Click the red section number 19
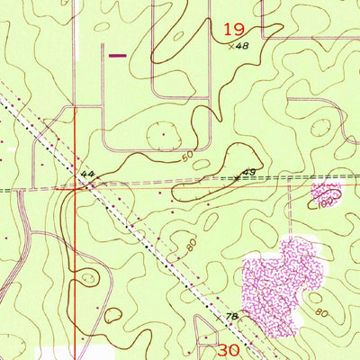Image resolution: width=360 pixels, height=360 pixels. point(232,30)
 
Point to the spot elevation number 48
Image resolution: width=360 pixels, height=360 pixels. point(241,46)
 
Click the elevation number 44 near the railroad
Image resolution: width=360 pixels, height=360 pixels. point(86,173)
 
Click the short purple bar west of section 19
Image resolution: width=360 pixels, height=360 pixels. point(117,55)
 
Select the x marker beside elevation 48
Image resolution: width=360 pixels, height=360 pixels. point(230,45)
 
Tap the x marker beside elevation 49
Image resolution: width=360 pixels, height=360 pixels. point(238,177)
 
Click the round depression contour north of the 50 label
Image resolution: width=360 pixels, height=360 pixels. point(163,134)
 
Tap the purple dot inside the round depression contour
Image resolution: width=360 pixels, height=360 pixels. point(163,134)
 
